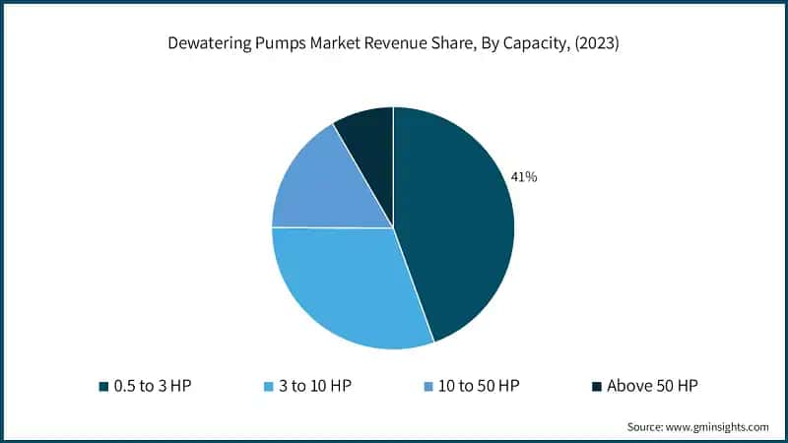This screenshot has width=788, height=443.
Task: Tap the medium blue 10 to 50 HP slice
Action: [x=315, y=187]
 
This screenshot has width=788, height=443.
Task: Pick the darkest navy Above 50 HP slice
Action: [x=367, y=138]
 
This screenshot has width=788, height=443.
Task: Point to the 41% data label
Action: [x=524, y=177]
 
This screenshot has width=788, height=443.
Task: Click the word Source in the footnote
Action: [x=647, y=426]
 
